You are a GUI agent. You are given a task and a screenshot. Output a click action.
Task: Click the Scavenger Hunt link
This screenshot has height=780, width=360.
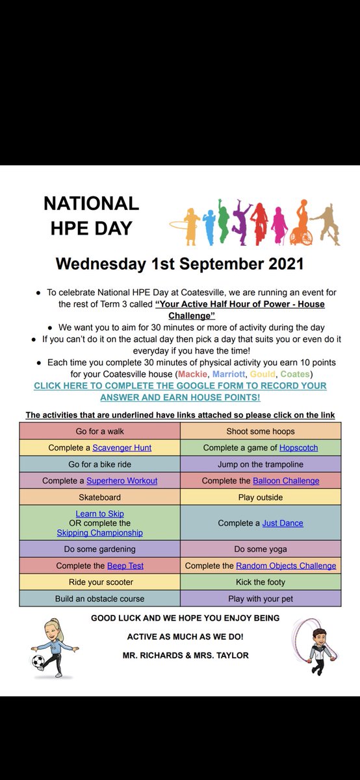pyautogui.click(x=122, y=448)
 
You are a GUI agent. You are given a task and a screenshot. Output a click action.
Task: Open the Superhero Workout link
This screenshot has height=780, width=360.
pyautogui.click(x=122, y=481)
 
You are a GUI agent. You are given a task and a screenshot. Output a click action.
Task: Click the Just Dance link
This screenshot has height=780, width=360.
pyautogui.click(x=283, y=523)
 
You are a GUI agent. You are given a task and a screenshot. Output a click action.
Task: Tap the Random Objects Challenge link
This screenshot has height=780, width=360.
pyautogui.click(x=286, y=565)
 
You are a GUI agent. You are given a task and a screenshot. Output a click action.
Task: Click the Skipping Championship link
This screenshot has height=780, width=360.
pyautogui.click(x=99, y=532)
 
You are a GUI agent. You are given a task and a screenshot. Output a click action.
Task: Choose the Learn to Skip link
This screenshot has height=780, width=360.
pyautogui.click(x=99, y=514)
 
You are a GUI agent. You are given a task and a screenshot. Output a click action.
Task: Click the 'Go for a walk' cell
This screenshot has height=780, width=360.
pyautogui.click(x=99, y=431)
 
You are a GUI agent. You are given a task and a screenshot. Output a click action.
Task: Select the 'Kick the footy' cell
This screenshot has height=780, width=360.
pyautogui.click(x=261, y=582)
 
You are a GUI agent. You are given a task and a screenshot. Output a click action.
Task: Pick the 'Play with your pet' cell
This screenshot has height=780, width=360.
pyautogui.click(x=261, y=598)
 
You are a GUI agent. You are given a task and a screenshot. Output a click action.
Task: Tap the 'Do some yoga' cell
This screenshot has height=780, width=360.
pyautogui.click(x=261, y=549)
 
